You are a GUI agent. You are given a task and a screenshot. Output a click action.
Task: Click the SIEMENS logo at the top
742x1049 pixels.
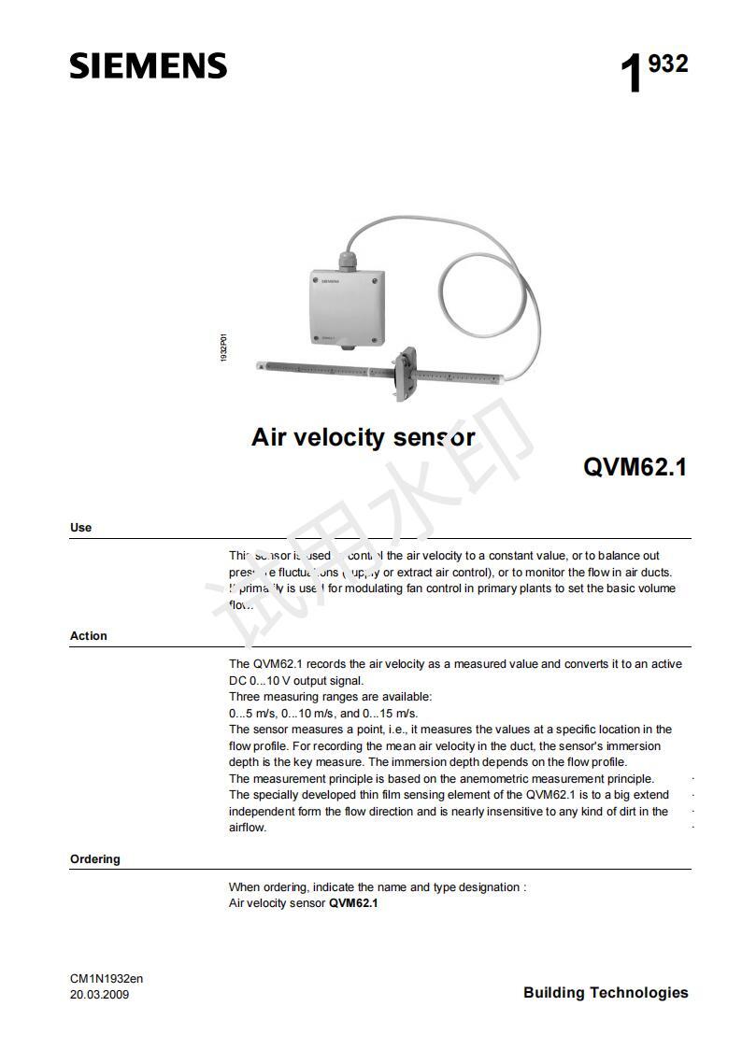pyautogui.click(x=148, y=66)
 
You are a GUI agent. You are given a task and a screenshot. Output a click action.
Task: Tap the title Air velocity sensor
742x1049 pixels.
pyautogui.click(x=363, y=436)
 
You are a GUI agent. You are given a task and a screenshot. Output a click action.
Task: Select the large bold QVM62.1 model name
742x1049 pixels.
pyautogui.click(x=635, y=466)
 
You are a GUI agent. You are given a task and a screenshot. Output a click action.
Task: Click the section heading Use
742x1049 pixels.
pyautogui.click(x=81, y=528)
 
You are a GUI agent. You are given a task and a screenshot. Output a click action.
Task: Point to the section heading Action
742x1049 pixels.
pyautogui.click(x=89, y=636)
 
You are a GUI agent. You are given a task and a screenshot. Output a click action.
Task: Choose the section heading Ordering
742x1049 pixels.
pyautogui.click(x=95, y=859)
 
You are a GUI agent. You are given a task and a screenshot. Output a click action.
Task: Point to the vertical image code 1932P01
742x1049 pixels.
pyautogui.click(x=223, y=348)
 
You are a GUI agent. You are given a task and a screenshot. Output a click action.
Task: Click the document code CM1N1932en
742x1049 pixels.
pyautogui.click(x=107, y=978)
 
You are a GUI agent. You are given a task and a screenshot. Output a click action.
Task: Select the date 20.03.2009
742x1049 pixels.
pyautogui.click(x=100, y=994)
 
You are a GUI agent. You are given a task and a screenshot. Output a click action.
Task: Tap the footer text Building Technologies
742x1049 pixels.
pyautogui.click(x=606, y=993)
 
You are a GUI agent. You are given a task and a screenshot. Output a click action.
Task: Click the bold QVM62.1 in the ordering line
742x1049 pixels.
pyautogui.click(x=353, y=903)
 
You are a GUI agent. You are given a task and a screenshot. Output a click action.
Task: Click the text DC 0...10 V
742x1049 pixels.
pyautogui.click(x=263, y=681)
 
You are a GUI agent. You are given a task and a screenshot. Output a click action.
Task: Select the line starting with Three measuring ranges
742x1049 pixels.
pyautogui.click(x=331, y=697)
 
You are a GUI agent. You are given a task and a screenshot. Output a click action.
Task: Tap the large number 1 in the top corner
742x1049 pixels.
pyautogui.click(x=632, y=75)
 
